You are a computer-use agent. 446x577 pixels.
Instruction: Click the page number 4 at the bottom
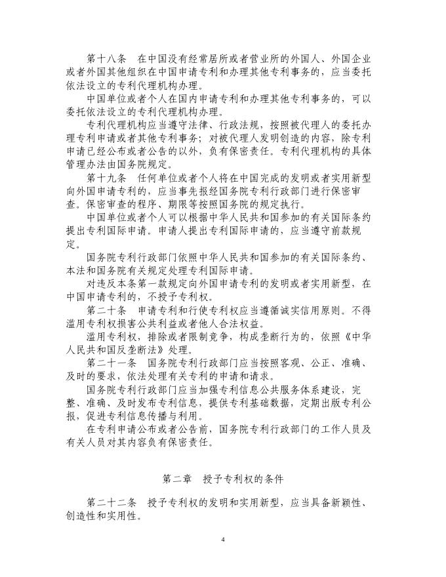(x=223, y=539)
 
